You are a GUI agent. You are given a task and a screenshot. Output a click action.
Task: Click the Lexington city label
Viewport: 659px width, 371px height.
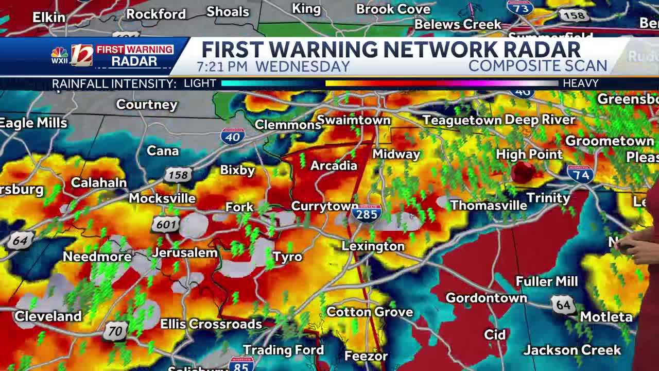pos(373,246)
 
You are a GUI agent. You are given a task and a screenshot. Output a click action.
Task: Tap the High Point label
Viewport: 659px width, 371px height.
pos(529,154)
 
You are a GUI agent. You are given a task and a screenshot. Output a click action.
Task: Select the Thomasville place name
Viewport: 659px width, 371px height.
pos(488,205)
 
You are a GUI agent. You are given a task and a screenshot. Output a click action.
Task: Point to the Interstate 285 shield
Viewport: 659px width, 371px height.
pos(367,213)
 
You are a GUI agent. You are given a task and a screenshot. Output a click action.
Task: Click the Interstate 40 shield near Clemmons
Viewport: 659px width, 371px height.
pos(233,136)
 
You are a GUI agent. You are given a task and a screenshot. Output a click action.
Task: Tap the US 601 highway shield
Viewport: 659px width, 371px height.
pos(165,224)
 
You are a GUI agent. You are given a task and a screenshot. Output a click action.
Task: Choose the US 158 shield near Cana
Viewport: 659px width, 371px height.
pos(178,175)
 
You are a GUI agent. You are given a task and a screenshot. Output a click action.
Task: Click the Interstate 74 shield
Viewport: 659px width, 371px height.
pos(580,174)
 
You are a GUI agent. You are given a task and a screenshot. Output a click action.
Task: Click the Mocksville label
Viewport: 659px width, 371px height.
pos(162,198)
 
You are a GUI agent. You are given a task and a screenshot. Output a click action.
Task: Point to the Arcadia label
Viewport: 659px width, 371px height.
pos(334,165)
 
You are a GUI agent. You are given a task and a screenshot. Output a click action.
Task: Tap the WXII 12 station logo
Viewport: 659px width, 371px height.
pos(73,55)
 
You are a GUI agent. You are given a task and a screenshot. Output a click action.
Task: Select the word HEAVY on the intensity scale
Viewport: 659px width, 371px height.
pos(580,83)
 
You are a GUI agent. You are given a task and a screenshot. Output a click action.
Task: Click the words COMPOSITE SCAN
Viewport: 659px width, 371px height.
pos(537,66)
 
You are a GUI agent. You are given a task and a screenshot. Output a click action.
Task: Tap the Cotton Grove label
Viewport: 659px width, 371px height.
pos(370,312)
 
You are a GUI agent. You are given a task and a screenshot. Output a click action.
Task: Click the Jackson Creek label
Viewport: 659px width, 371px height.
pos(572,350)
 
